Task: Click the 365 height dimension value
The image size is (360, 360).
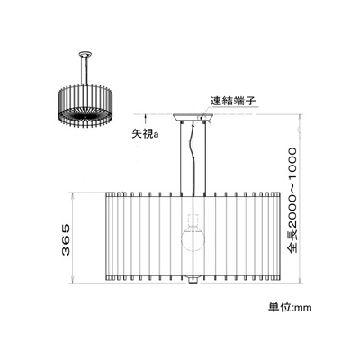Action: click(x=66, y=239)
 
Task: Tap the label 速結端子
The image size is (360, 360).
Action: click(x=233, y=101)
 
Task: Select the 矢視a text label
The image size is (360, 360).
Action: click(x=146, y=133)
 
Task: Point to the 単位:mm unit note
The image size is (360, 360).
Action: click(x=290, y=308)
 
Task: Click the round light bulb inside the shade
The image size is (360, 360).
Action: click(x=193, y=241)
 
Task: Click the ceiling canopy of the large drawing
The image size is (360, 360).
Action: click(x=193, y=117)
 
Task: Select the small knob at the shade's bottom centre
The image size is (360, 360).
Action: click(x=193, y=280)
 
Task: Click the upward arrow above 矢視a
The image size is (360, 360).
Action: click(x=146, y=121)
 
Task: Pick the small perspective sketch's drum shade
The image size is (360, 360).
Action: click(x=85, y=107)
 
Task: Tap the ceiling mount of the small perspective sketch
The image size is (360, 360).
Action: click(x=85, y=54)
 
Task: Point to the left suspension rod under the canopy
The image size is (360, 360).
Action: click(x=181, y=158)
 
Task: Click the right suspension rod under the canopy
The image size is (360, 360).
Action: click(x=205, y=158)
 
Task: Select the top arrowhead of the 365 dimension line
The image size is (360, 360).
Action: click(x=72, y=195)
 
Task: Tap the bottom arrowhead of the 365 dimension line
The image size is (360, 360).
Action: click(x=72, y=280)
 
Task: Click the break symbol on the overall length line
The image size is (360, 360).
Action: click(x=299, y=131)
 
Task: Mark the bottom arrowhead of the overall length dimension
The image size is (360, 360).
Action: click(x=299, y=280)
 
